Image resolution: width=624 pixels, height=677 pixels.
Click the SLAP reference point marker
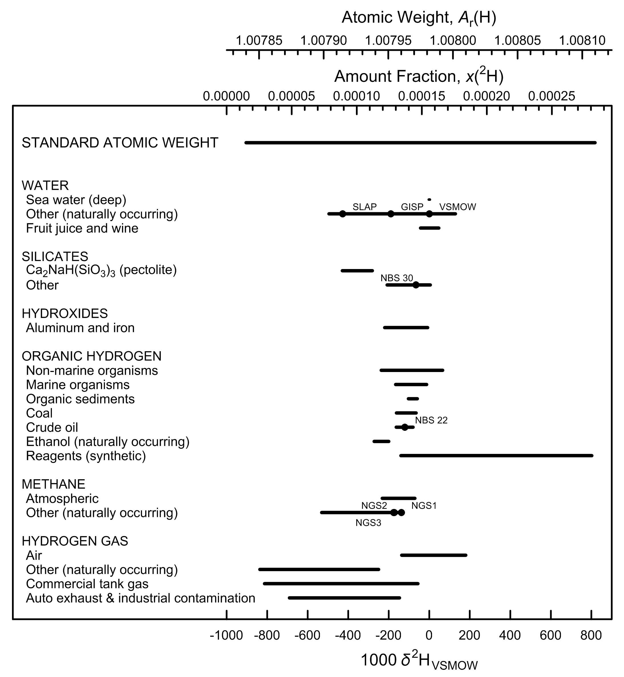(x=343, y=214)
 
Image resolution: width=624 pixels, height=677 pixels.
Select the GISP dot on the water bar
(x=391, y=214)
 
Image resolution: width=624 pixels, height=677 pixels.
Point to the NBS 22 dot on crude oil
(x=404, y=427)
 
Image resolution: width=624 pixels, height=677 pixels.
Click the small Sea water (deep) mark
(x=429, y=200)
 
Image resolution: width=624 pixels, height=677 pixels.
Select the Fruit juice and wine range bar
(x=429, y=228)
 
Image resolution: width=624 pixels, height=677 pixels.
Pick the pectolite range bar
(x=357, y=270)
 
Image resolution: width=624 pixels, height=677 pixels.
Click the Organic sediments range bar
(x=413, y=399)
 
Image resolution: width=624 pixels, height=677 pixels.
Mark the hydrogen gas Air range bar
(x=433, y=555)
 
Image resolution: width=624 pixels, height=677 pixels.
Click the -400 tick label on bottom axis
(x=348, y=635)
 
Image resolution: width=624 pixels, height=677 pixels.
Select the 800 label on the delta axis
(x=591, y=635)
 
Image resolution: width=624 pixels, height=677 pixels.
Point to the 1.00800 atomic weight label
(x=453, y=41)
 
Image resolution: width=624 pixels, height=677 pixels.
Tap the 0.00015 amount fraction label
(x=422, y=96)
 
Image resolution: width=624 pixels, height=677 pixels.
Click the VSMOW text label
(x=457, y=207)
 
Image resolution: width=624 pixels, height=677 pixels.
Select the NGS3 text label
(x=368, y=523)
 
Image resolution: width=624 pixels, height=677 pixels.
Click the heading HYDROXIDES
(x=65, y=314)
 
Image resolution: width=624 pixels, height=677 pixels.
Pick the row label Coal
(x=40, y=413)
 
